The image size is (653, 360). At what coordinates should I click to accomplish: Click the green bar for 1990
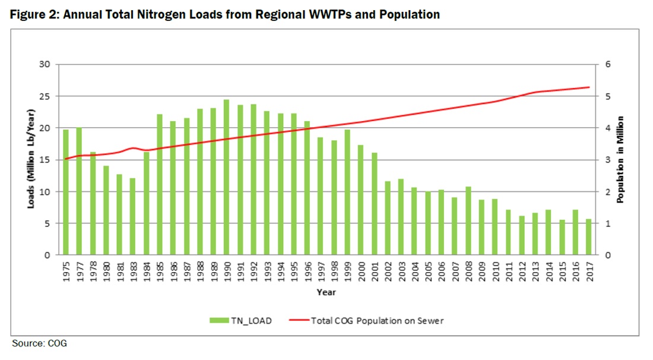pos(226,178)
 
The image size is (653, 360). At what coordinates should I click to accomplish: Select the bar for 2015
pos(562,238)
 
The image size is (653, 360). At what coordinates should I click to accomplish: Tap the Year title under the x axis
pos(326,292)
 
